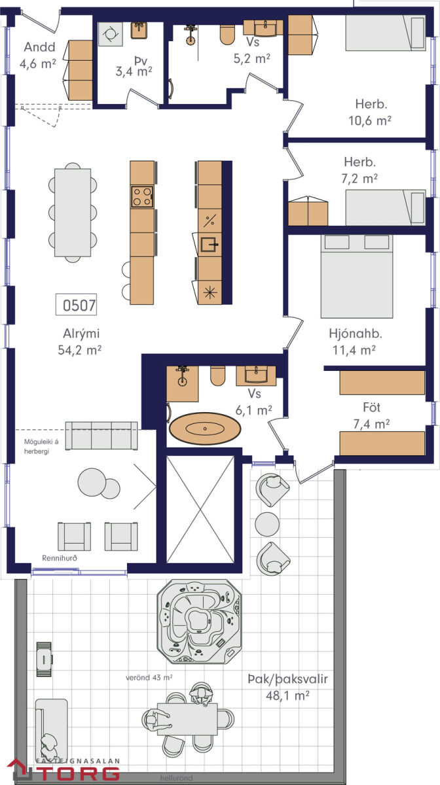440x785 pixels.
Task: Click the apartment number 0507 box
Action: (76, 305)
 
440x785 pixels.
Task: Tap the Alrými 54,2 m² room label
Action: (80, 341)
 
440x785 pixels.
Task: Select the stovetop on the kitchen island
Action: (142, 197)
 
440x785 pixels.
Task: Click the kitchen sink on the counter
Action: (210, 245)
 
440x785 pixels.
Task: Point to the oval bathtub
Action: (205, 428)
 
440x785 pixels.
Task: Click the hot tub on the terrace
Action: (199, 621)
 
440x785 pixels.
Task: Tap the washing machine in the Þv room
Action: (111, 34)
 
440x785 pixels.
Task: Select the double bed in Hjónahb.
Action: (357, 276)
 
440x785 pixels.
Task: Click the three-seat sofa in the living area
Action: (101, 436)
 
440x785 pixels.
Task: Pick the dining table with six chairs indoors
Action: (73, 213)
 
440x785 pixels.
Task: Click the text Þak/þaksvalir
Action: (287, 679)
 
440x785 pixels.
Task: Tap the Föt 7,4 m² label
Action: (371, 415)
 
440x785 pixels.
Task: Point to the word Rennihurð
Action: (60, 558)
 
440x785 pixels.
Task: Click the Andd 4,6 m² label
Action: (38, 56)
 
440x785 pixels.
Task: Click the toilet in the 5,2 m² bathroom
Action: (227, 34)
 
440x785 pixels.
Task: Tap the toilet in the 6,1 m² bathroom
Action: (217, 376)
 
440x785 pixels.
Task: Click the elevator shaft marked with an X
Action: (200, 510)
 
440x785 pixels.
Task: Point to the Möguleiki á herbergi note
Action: (41, 446)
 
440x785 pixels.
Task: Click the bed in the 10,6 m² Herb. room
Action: (386, 33)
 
